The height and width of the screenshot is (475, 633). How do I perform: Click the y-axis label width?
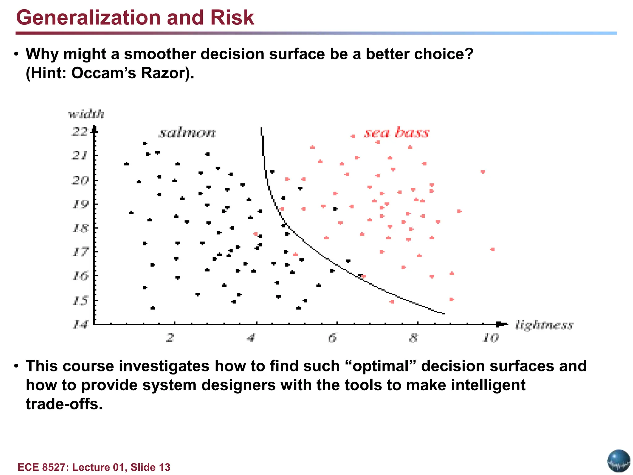pos(86,114)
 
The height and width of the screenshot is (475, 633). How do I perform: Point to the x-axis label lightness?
pos(544,325)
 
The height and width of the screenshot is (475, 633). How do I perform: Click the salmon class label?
pos(187,133)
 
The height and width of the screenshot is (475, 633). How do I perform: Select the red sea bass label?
pos(397,133)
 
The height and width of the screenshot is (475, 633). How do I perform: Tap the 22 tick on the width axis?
pos(80,132)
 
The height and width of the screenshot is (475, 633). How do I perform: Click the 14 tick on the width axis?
pos(80,324)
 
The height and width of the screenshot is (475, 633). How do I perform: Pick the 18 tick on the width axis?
pos(80,228)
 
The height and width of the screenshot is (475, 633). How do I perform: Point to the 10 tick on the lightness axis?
pos(491,337)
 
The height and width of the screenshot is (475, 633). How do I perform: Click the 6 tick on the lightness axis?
pos(332,337)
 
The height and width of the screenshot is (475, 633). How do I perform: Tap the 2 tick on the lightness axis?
pos(170,337)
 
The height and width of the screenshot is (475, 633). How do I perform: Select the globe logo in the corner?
pos(619,461)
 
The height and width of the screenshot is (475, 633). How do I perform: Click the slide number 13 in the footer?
pos(164,467)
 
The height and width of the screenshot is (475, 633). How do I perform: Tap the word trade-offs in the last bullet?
pos(64,404)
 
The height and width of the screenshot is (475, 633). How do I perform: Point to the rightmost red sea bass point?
pos(493,249)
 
